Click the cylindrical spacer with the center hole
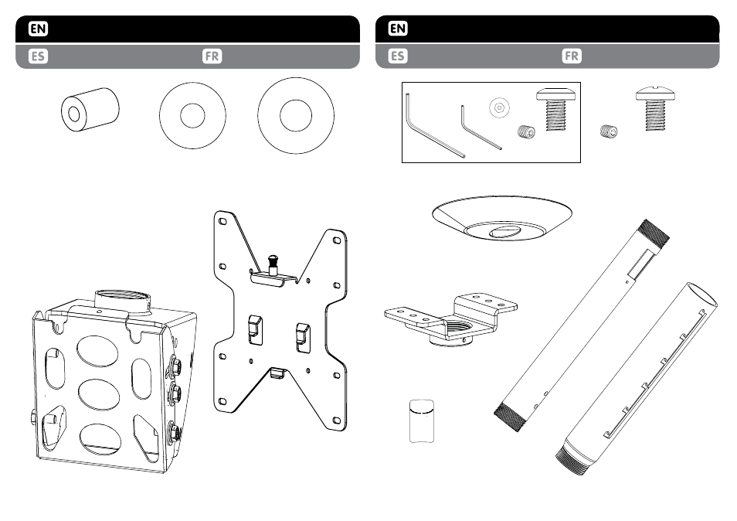pos(90,109)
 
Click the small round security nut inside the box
pos(499,107)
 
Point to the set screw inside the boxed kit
pos(526,131)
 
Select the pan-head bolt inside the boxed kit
pos(557,108)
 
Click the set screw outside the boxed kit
pos(610,131)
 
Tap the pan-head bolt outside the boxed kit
pos(656,108)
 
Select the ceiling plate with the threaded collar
pos(451,320)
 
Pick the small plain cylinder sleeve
pos(422,421)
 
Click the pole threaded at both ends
pos(582,325)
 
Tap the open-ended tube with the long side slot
pos(637,379)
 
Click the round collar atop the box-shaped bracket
pos(123,304)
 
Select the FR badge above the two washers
pos(212,56)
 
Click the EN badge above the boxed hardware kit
pos(398,29)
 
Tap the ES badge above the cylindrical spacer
pos(38,56)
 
